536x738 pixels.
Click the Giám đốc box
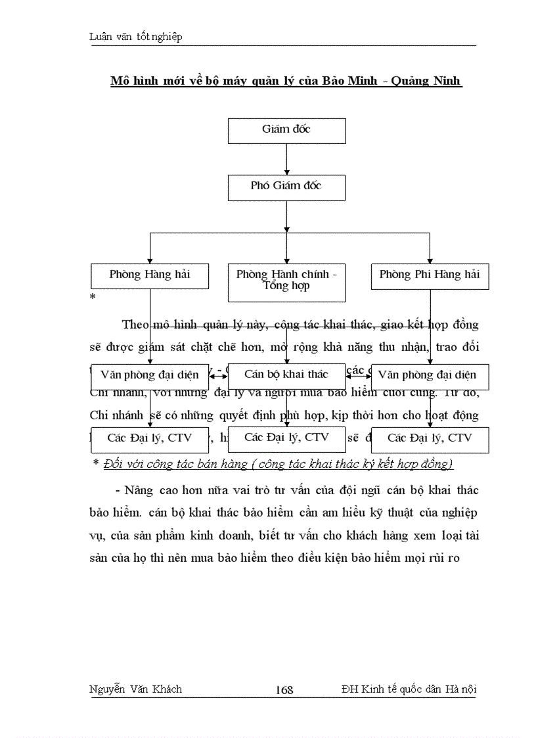[286, 130]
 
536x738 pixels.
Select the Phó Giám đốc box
[286, 187]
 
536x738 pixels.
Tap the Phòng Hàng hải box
[150, 275]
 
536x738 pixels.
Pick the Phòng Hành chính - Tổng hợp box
[286, 282]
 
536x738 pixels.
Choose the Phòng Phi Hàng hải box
[430, 275]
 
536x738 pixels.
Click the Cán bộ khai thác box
[286, 375]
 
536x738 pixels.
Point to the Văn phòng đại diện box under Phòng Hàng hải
[150, 376]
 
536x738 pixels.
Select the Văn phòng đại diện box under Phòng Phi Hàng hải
[430, 376]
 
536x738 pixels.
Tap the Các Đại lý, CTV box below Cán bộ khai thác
[286, 438]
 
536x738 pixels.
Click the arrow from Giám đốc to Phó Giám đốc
[286, 158]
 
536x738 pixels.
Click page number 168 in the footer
[284, 689]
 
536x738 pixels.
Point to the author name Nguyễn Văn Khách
[135, 689]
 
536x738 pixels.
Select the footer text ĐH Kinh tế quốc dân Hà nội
[409, 689]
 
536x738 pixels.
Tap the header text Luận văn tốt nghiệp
[135, 37]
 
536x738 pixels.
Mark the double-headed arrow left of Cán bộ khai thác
[218, 376]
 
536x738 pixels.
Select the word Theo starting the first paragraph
[135, 324]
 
